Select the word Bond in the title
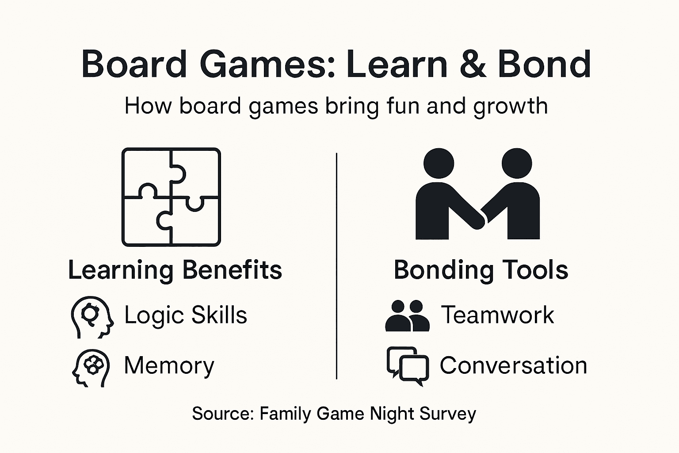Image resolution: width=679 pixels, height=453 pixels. click(x=544, y=64)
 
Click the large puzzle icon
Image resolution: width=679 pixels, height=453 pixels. click(x=171, y=197)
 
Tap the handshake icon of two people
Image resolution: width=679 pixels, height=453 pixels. click(x=478, y=195)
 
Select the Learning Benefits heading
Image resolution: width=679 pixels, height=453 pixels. click(x=175, y=270)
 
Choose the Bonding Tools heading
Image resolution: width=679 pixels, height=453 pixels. click(x=481, y=270)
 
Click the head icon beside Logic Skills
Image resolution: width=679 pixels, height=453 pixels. click(x=92, y=317)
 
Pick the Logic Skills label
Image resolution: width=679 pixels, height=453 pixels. click(x=186, y=315)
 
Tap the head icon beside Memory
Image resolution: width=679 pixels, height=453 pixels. click(x=91, y=368)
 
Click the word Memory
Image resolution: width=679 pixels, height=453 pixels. click(x=169, y=366)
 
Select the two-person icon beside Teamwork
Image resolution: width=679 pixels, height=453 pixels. click(x=407, y=316)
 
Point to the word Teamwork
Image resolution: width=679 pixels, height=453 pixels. click(x=497, y=315)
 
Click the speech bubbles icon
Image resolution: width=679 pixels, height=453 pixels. click(x=408, y=365)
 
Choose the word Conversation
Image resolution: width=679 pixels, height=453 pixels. click(x=513, y=366)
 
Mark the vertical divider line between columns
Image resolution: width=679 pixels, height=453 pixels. click(x=337, y=265)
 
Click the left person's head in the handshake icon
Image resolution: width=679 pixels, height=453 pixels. click(x=439, y=163)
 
